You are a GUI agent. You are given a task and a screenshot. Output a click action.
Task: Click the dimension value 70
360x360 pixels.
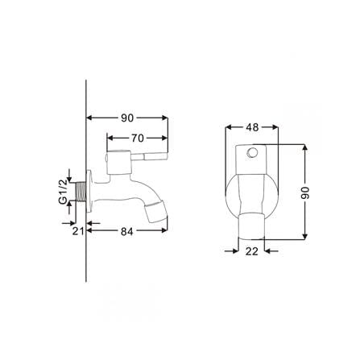(x=138, y=138)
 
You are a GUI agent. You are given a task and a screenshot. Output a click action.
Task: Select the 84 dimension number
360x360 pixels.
(x=126, y=231)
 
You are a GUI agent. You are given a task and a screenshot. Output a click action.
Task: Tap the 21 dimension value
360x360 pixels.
(x=78, y=231)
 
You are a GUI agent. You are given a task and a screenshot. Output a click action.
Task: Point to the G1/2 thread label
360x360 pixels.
(x=63, y=192)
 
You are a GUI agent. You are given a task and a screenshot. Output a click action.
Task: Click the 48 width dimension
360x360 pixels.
(x=252, y=127)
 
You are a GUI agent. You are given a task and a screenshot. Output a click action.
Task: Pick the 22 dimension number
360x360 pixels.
(x=252, y=251)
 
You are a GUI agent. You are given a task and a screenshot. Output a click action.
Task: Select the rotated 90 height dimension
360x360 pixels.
(x=305, y=192)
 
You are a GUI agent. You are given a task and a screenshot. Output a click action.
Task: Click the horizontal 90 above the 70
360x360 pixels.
(x=127, y=118)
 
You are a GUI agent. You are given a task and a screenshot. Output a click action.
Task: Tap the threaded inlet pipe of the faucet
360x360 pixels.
(x=81, y=192)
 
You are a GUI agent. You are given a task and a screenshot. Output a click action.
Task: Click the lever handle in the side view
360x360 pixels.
(x=149, y=156)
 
